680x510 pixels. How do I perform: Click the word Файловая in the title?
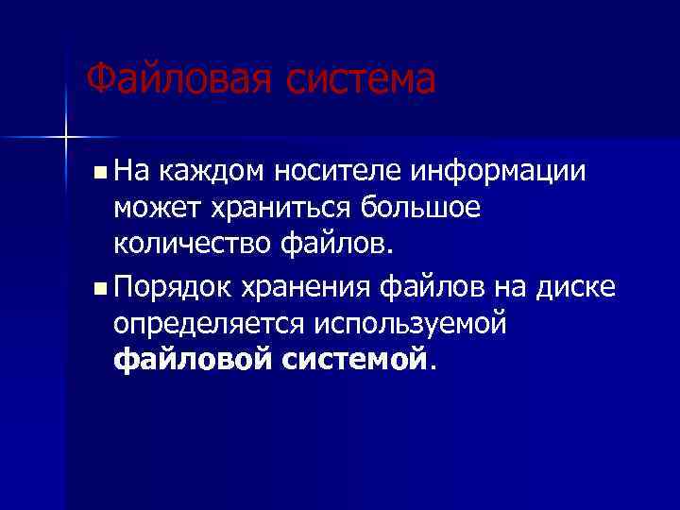point(169,79)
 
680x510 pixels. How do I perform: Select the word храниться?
point(274,208)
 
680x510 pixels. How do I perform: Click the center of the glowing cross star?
point(65,136)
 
